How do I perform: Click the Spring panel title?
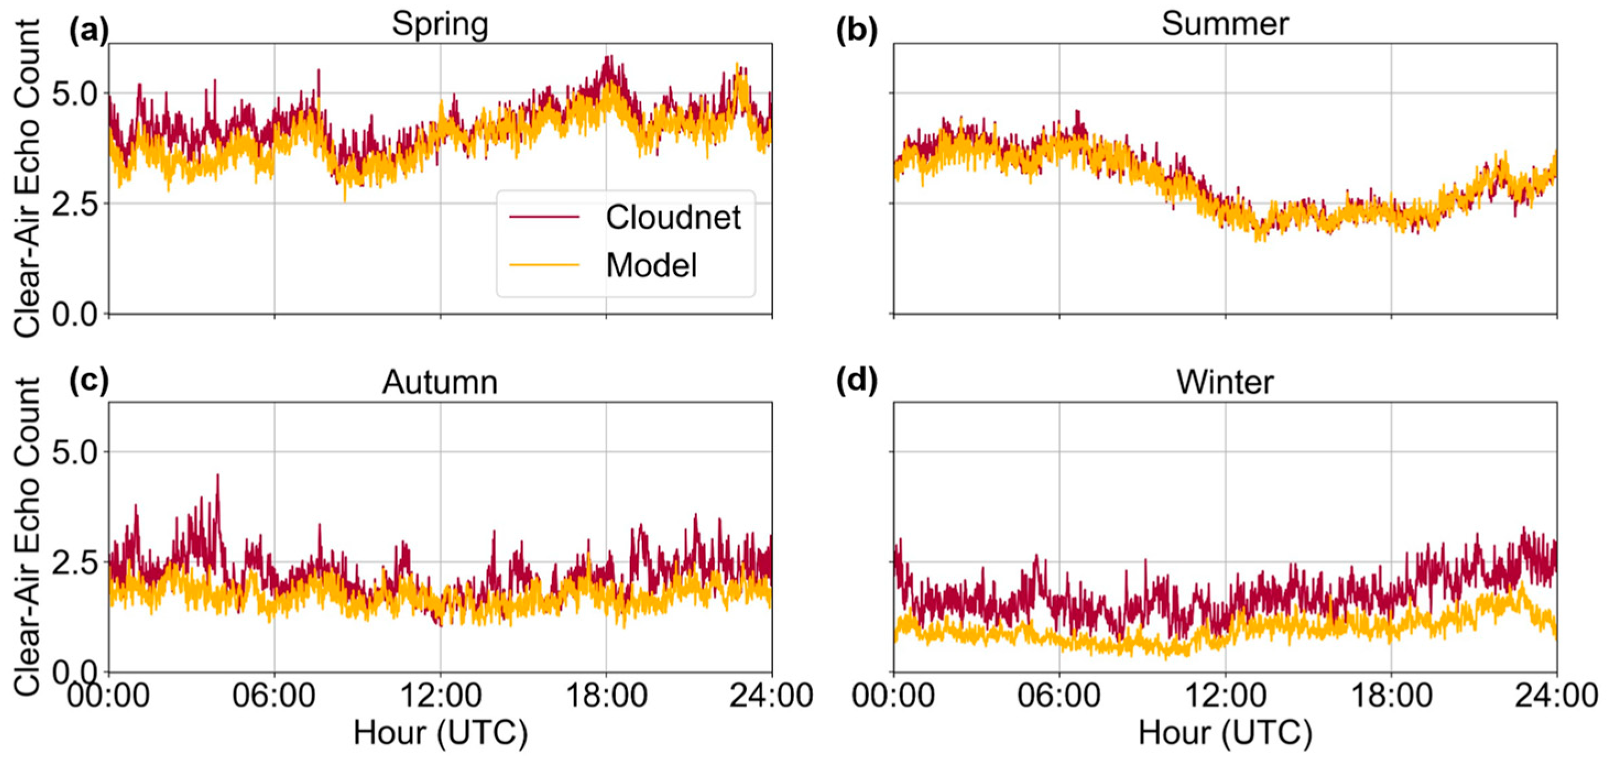[440, 25]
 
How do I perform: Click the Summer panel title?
[1225, 25]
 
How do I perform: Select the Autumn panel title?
[440, 382]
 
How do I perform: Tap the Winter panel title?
[1225, 382]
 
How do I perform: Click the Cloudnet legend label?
[673, 218]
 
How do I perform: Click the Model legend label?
[651, 266]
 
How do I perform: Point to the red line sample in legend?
[544, 217]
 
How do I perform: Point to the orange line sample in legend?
[544, 265]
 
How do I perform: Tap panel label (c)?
[89, 381]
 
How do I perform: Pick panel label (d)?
[856, 381]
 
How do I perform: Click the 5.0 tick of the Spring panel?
[75, 94]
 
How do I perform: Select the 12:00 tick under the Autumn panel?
[440, 695]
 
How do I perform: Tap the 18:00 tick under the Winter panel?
[1391, 695]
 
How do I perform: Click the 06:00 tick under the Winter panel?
[1059, 695]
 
